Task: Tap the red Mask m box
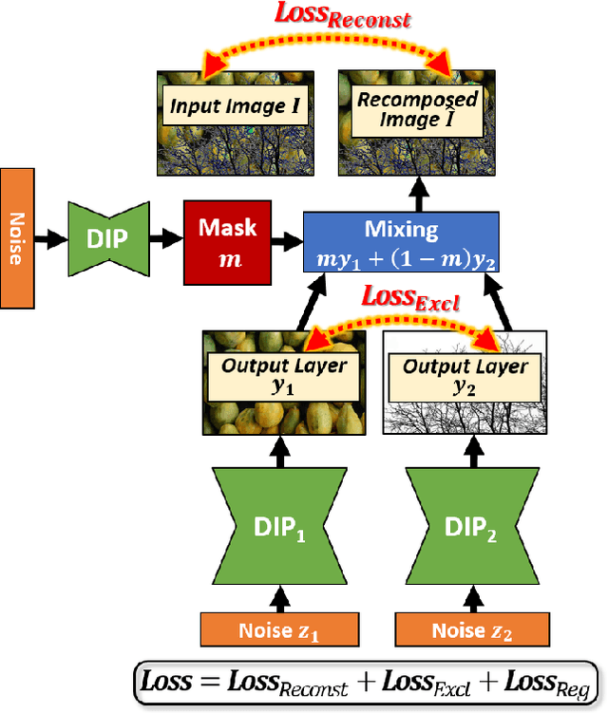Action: click(x=227, y=237)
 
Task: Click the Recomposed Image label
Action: click(x=417, y=109)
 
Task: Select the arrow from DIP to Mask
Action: click(x=168, y=237)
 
